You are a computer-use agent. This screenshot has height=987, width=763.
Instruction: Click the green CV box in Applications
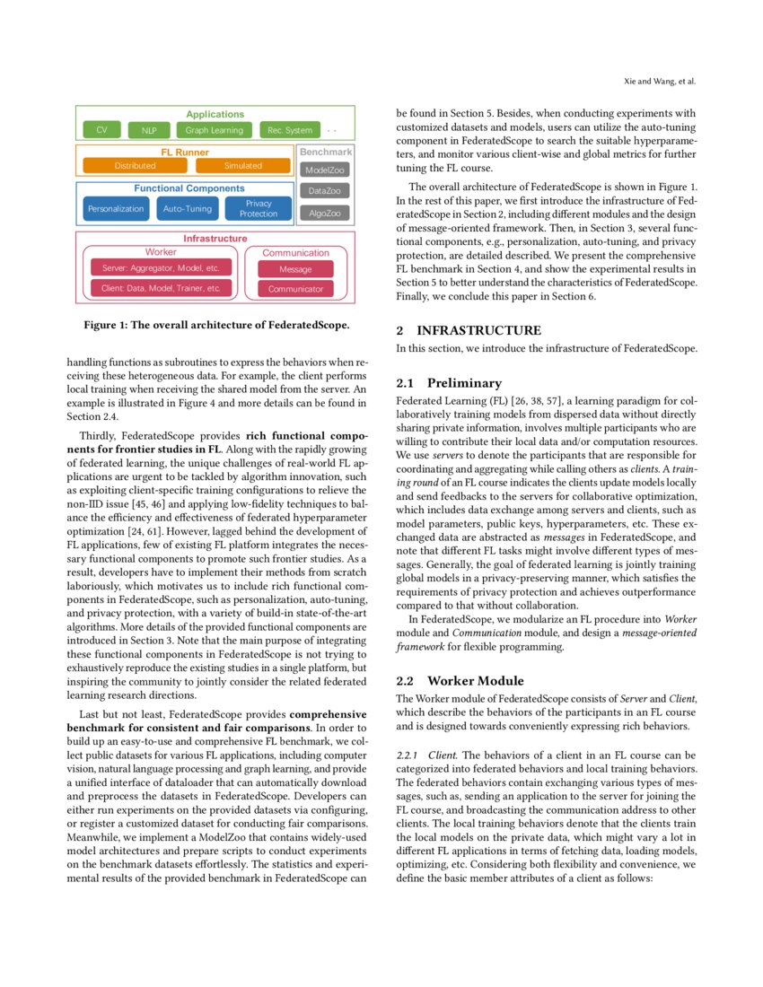101,130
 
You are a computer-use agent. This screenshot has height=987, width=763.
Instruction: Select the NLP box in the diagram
149,130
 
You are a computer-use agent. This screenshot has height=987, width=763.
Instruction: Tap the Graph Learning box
215,130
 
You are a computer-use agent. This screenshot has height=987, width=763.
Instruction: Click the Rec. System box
289,130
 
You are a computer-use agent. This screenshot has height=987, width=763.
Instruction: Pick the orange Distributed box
135,166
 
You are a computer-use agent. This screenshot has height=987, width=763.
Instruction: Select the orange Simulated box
243,166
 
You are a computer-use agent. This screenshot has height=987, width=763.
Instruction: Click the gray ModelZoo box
325,170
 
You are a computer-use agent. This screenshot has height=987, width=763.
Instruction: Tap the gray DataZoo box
325,191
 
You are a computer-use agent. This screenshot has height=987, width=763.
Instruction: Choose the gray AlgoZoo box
325,214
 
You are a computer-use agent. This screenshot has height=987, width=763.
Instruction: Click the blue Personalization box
116,209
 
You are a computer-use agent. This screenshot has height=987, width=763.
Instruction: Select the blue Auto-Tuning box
188,209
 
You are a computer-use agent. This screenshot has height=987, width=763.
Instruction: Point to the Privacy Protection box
259,209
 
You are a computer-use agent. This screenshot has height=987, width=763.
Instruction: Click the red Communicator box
295,289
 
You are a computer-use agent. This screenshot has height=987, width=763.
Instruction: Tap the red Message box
295,269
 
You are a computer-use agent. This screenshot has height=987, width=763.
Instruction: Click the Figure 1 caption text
215,324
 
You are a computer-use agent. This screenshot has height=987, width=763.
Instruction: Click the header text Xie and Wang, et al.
660,82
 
